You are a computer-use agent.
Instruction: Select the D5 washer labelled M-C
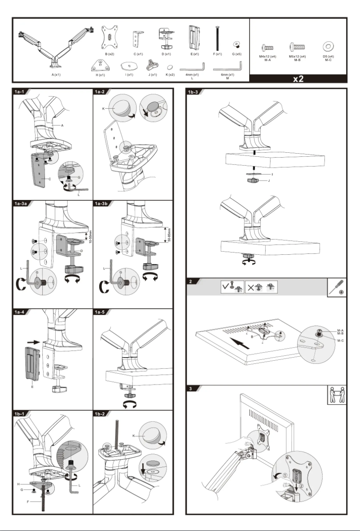[x=328, y=47]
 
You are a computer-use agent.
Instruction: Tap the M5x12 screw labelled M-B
[x=297, y=47]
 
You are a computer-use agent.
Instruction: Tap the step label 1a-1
[x=20, y=92]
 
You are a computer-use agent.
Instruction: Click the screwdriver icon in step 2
[x=337, y=287]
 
